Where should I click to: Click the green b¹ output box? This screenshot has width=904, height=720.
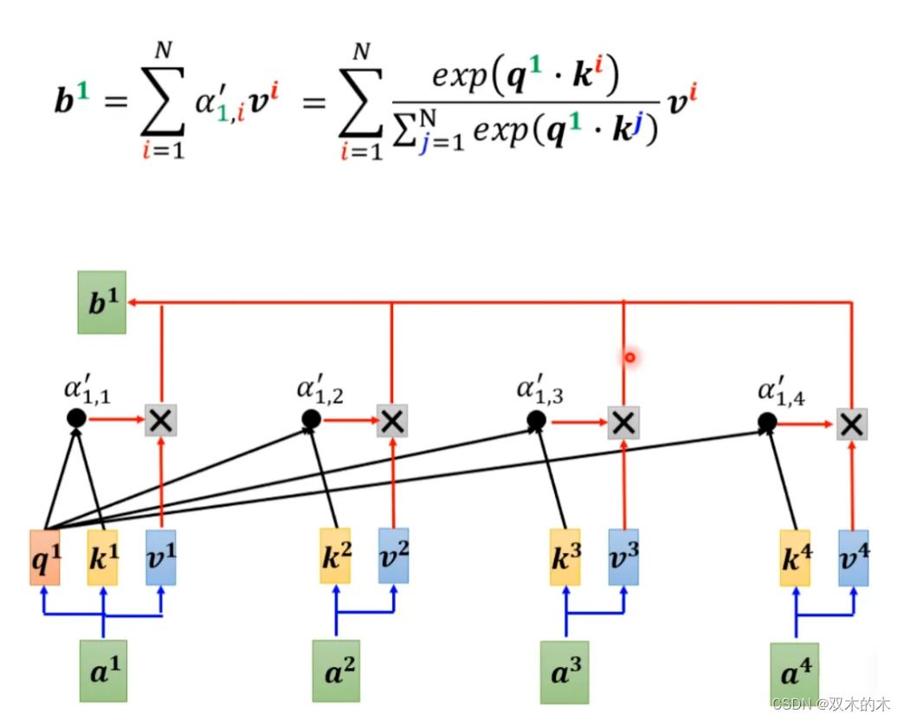(x=101, y=303)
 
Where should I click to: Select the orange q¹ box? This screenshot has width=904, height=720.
(x=44, y=558)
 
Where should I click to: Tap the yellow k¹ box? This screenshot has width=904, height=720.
(x=103, y=558)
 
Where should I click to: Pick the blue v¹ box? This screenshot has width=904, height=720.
(x=161, y=558)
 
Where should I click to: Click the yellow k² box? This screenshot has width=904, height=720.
(x=335, y=556)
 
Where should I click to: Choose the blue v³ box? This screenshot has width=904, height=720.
(x=623, y=557)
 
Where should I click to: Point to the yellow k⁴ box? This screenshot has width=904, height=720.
(x=795, y=558)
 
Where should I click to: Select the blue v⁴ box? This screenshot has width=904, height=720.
(x=853, y=558)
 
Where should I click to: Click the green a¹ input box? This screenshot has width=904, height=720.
(x=103, y=671)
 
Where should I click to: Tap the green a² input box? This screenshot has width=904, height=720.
(x=336, y=672)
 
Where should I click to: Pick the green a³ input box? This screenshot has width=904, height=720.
(x=565, y=672)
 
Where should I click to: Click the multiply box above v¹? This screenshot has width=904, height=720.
(x=161, y=420)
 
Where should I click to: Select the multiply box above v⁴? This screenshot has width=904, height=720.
(x=852, y=423)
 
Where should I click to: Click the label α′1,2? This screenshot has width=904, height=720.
(x=320, y=390)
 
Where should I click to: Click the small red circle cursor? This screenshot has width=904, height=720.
(x=630, y=357)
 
